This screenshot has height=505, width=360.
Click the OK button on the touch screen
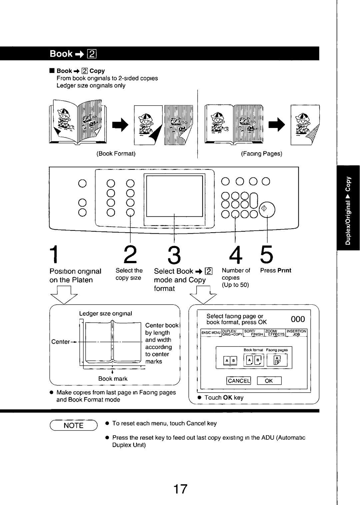tap(269, 381)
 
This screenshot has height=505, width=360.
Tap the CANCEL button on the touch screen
tap(239, 381)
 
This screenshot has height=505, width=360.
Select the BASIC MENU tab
tap(211, 333)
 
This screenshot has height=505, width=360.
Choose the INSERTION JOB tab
tap(296, 333)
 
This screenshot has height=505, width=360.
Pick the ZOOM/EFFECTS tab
tap(275, 333)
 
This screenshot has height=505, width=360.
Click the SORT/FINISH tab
tap(254, 333)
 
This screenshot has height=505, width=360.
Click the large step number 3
tap(174, 255)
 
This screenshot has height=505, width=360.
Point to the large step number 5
tap(266, 255)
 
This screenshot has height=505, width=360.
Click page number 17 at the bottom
tap(180, 489)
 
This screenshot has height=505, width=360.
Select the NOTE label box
tap(73, 425)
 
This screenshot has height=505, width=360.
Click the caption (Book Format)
tap(116, 154)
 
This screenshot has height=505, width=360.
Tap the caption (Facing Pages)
tap(262, 154)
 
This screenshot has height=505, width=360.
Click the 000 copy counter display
tap(298, 319)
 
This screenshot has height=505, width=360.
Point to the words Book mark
tap(113, 379)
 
